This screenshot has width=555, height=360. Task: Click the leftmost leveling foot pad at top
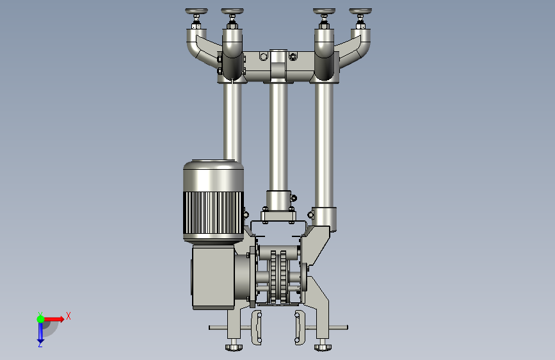pyautogui.click(x=197, y=12)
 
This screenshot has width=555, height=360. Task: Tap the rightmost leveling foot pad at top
pyautogui.click(x=360, y=12)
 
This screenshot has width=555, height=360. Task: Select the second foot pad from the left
pyautogui.click(x=232, y=12)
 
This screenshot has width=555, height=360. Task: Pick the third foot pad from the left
pyautogui.click(x=324, y=12)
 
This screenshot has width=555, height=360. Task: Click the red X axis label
pyautogui.click(x=68, y=316)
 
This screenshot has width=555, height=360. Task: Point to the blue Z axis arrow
pyautogui.click(x=40, y=333)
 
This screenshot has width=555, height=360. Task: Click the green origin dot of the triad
pyautogui.click(x=41, y=319)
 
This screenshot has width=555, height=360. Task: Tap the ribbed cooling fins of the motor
pyautogui.click(x=213, y=213)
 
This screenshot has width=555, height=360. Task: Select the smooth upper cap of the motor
pyautogui.click(x=213, y=176)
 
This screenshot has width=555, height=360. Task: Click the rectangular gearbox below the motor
pyautogui.click(x=213, y=277)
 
